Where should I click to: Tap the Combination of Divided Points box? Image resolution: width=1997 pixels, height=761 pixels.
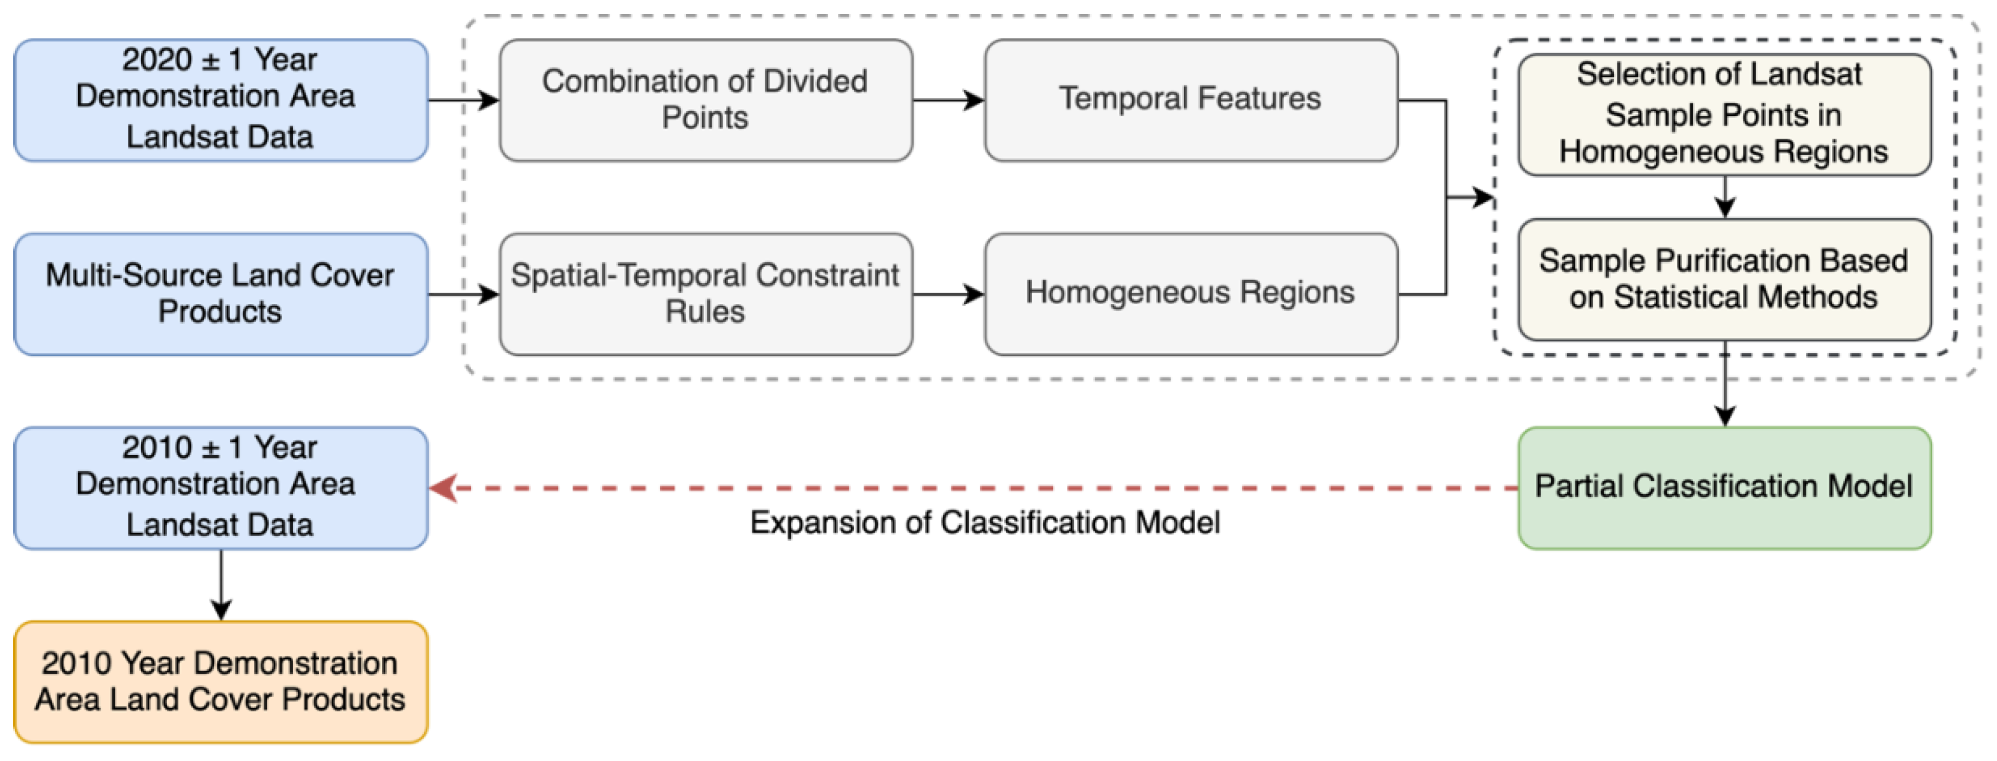tap(706, 100)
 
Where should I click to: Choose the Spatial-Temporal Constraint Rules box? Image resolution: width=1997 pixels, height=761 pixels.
tap(706, 294)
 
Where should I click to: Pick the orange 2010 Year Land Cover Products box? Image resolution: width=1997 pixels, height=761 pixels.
tap(221, 682)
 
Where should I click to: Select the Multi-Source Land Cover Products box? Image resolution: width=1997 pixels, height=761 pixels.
tap(221, 294)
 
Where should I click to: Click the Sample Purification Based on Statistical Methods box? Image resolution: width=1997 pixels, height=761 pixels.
tap(1724, 280)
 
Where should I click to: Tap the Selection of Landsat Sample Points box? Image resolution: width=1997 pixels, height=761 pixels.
tap(1724, 114)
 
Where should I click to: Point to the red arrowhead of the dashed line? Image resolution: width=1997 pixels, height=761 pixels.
tap(443, 488)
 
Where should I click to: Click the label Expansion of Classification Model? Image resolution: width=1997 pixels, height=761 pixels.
tap(984, 523)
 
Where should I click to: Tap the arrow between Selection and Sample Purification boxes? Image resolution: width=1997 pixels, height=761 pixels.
tap(1724, 198)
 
